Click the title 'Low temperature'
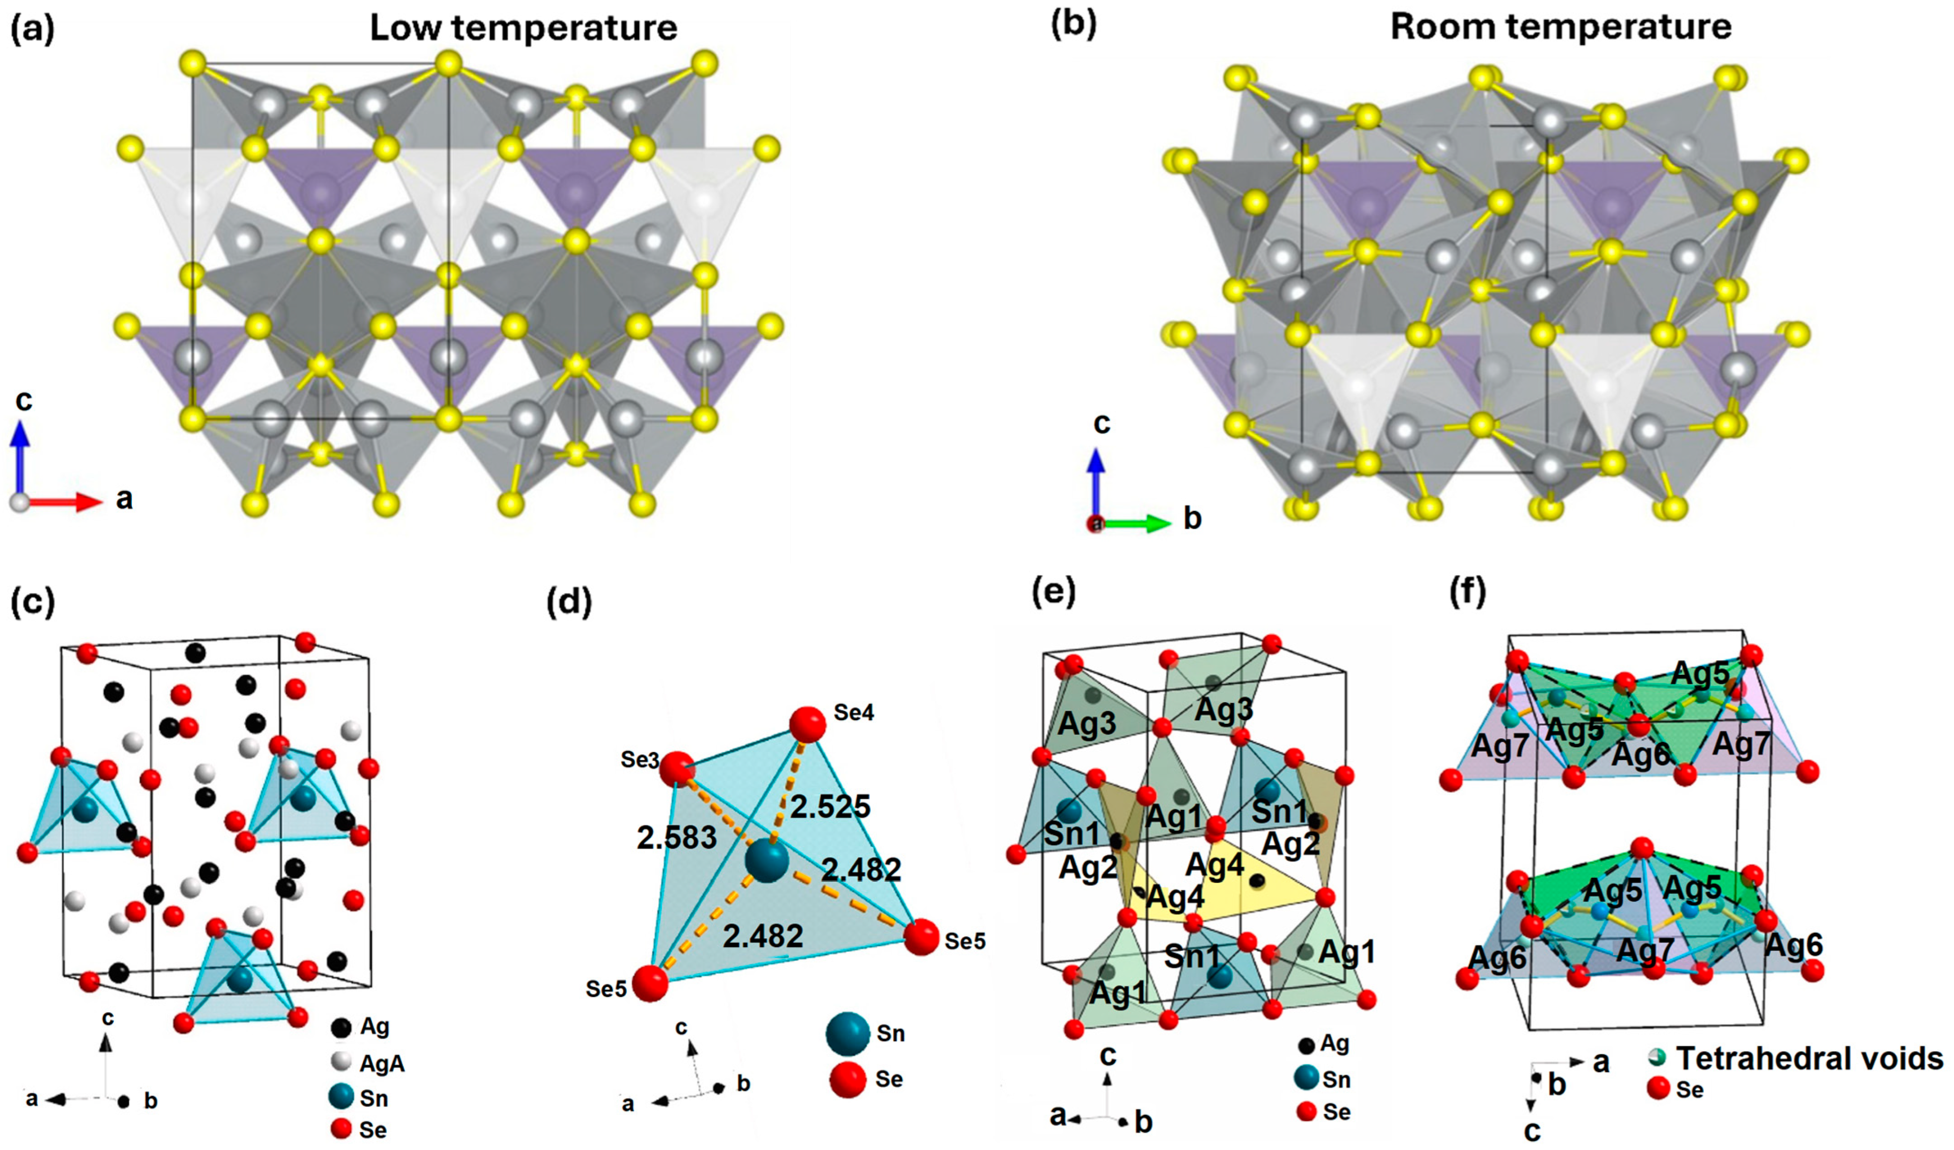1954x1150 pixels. point(523,29)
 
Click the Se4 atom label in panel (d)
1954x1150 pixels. point(854,712)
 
